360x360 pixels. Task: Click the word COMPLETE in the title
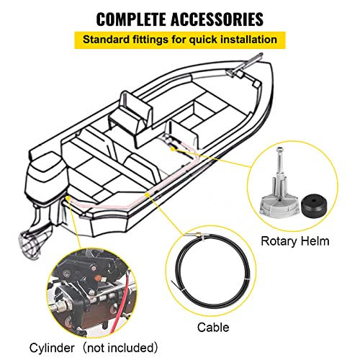click(137, 17)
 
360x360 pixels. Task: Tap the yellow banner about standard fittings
click(179, 40)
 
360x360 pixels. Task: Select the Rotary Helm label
click(296, 241)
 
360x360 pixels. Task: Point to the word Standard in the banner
click(108, 40)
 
